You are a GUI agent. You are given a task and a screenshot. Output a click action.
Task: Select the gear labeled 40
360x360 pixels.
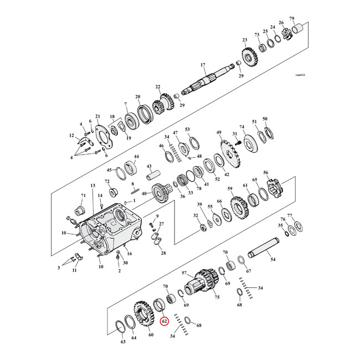point(160,194)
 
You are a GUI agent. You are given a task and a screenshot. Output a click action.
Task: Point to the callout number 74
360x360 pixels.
point(241,127)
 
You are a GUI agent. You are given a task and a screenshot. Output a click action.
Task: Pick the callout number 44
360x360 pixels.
point(136,157)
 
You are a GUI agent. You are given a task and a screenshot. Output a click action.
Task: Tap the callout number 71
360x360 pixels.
point(84,196)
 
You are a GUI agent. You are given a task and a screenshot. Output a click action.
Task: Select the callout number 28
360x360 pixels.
point(163,253)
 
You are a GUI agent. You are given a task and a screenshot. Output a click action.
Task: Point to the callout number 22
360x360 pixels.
point(158,87)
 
